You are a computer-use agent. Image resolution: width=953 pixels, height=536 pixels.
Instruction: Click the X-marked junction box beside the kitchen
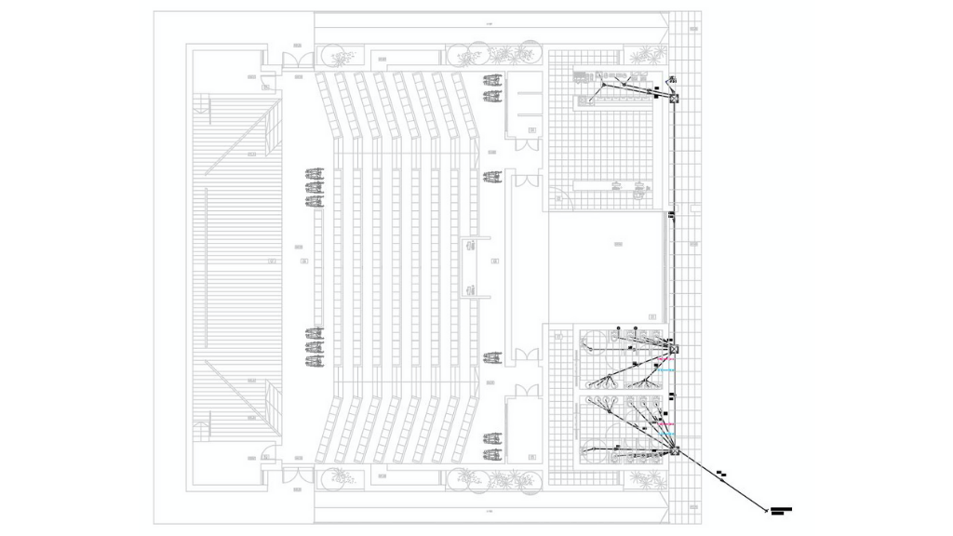(675, 100)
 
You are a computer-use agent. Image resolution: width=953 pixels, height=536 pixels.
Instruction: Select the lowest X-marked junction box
(675, 453)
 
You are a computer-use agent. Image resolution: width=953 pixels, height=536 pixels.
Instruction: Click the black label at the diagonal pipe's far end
(782, 511)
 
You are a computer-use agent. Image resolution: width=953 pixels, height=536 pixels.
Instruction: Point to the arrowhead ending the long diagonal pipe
(764, 509)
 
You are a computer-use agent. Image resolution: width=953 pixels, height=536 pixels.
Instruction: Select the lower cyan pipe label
(665, 435)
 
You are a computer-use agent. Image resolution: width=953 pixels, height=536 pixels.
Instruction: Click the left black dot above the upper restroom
(618, 328)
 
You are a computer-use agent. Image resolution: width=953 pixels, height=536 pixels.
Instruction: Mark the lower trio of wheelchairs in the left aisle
(315, 346)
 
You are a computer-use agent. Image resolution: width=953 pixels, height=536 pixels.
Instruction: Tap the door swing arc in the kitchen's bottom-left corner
(556, 199)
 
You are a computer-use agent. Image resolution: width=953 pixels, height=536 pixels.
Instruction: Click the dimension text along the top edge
(490, 21)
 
